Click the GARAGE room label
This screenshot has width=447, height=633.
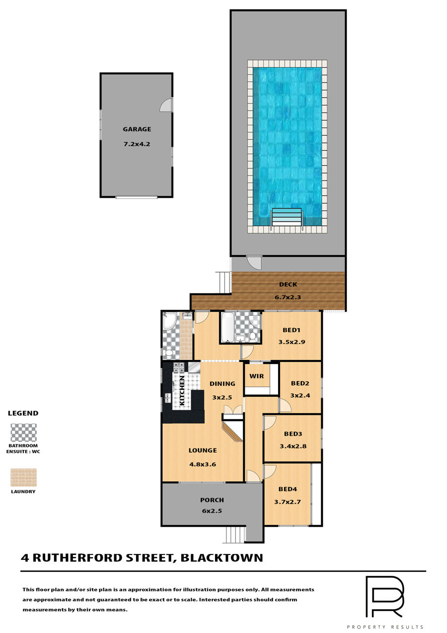(x=137, y=129)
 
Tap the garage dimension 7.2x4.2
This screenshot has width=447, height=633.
(x=137, y=144)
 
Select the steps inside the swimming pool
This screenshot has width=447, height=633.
(x=287, y=217)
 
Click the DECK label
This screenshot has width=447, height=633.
(x=288, y=284)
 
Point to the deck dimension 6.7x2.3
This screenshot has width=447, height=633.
(x=288, y=297)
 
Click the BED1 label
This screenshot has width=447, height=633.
(x=292, y=330)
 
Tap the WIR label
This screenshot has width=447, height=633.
(x=256, y=376)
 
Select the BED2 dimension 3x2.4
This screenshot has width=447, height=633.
(x=300, y=395)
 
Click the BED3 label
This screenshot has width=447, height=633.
(x=293, y=434)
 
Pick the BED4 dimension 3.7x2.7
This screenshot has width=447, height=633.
(x=287, y=502)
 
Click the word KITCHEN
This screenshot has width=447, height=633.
(x=182, y=390)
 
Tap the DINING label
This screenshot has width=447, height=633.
(x=222, y=383)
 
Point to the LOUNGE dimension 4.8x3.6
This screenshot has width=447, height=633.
(x=203, y=464)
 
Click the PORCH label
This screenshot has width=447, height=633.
(x=212, y=500)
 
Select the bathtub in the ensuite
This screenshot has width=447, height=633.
(x=227, y=327)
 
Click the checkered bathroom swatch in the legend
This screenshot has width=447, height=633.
(x=24, y=433)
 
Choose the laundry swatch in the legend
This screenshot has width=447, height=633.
(x=24, y=477)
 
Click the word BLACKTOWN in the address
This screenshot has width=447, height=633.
(x=222, y=558)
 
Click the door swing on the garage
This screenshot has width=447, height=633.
(x=166, y=105)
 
